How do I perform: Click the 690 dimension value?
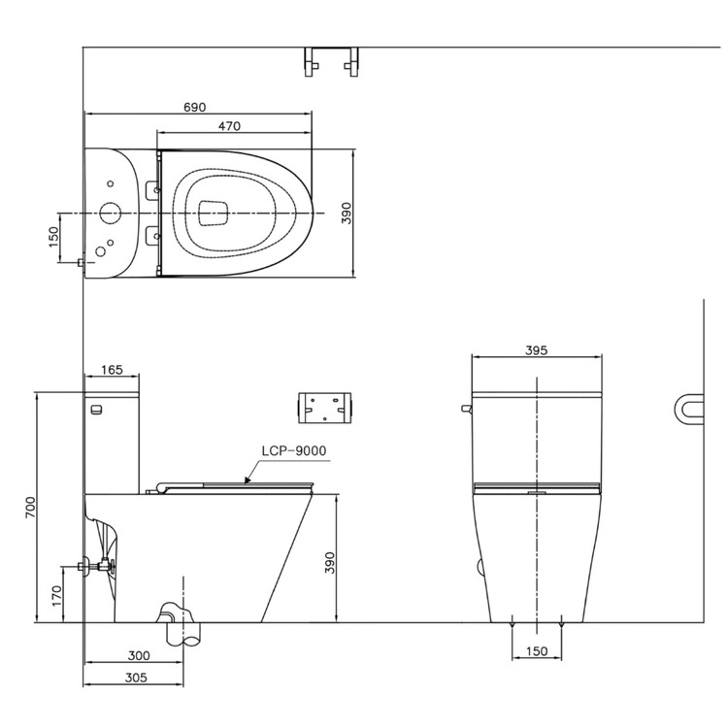pyautogui.click(x=194, y=107)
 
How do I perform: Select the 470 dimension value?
pyautogui.click(x=229, y=126)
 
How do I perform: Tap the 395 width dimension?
pyautogui.click(x=536, y=350)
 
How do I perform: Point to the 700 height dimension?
pyautogui.click(x=30, y=508)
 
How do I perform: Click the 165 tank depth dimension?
pyautogui.click(x=112, y=370)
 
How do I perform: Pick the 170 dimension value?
pyautogui.click(x=56, y=596)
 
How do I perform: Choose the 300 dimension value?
pyautogui.click(x=139, y=655)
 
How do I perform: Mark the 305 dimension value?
pyautogui.click(x=136, y=678)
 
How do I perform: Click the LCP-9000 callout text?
pyautogui.click(x=294, y=450)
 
